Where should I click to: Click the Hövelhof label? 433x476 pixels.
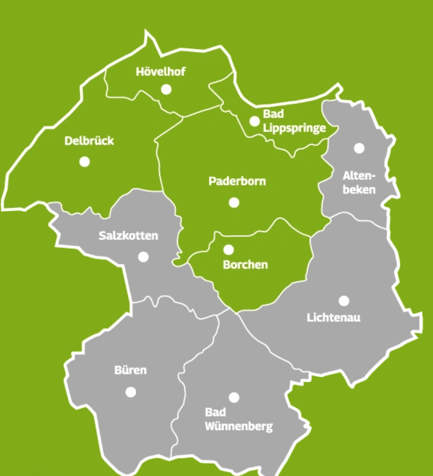pos(161,72)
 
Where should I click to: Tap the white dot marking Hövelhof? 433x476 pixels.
pos(166,89)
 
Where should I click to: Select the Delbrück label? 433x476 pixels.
pos(89,141)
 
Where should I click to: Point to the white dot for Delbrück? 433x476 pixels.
pos(85,162)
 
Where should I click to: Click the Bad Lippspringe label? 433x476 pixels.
pos(294,121)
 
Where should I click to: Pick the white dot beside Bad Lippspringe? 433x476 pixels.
pos(255,121)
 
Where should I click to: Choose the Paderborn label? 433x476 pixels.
pos(237,181)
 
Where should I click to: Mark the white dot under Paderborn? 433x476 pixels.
pos(234,202)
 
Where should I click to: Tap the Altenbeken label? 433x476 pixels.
pos(359,182)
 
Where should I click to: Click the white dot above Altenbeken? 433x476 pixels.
pos(359,148)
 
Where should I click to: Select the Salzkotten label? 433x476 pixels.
pos(128,236)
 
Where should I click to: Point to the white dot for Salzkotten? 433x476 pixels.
pos(143,257)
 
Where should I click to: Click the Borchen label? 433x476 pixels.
pos(245,265)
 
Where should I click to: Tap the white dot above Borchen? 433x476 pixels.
pos(228,250)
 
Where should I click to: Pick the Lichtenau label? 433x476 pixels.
pos(333,317)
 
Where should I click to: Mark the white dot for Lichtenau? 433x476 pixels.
pos(344,301)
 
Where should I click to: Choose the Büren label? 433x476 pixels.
pos(130,370)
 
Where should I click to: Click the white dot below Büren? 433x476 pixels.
pos(131,392)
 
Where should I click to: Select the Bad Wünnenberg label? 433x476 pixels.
pos(239,419)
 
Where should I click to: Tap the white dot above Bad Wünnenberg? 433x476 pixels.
pos(234,398)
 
